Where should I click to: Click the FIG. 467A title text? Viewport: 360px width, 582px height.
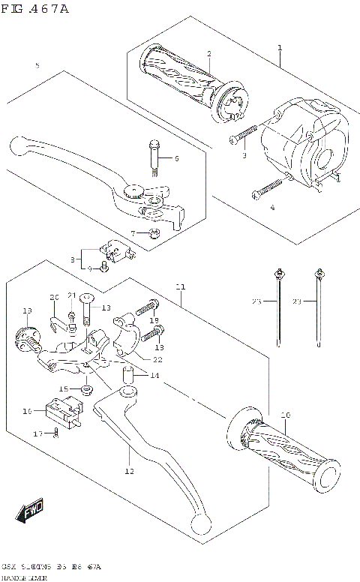[x=35, y=9]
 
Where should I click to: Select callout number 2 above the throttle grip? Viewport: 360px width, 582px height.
[x=209, y=53]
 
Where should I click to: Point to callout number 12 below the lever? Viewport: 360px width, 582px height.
[x=129, y=472]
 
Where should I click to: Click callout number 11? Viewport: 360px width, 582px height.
[x=180, y=287]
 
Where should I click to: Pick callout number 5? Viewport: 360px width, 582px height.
[x=37, y=66]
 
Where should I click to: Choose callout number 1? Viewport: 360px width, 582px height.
[x=279, y=47]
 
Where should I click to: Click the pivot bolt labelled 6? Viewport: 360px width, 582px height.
[x=154, y=160]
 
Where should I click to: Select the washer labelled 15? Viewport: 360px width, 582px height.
[x=87, y=389]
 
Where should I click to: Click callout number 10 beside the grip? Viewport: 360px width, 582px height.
[x=284, y=415]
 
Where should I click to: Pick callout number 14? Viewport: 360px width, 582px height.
[x=154, y=375]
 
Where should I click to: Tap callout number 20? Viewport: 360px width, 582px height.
[x=53, y=297]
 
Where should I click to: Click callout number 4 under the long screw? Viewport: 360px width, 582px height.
[x=272, y=207]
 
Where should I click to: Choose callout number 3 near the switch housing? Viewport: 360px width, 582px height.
[x=244, y=155]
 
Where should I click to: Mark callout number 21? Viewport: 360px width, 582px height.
[x=72, y=295]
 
